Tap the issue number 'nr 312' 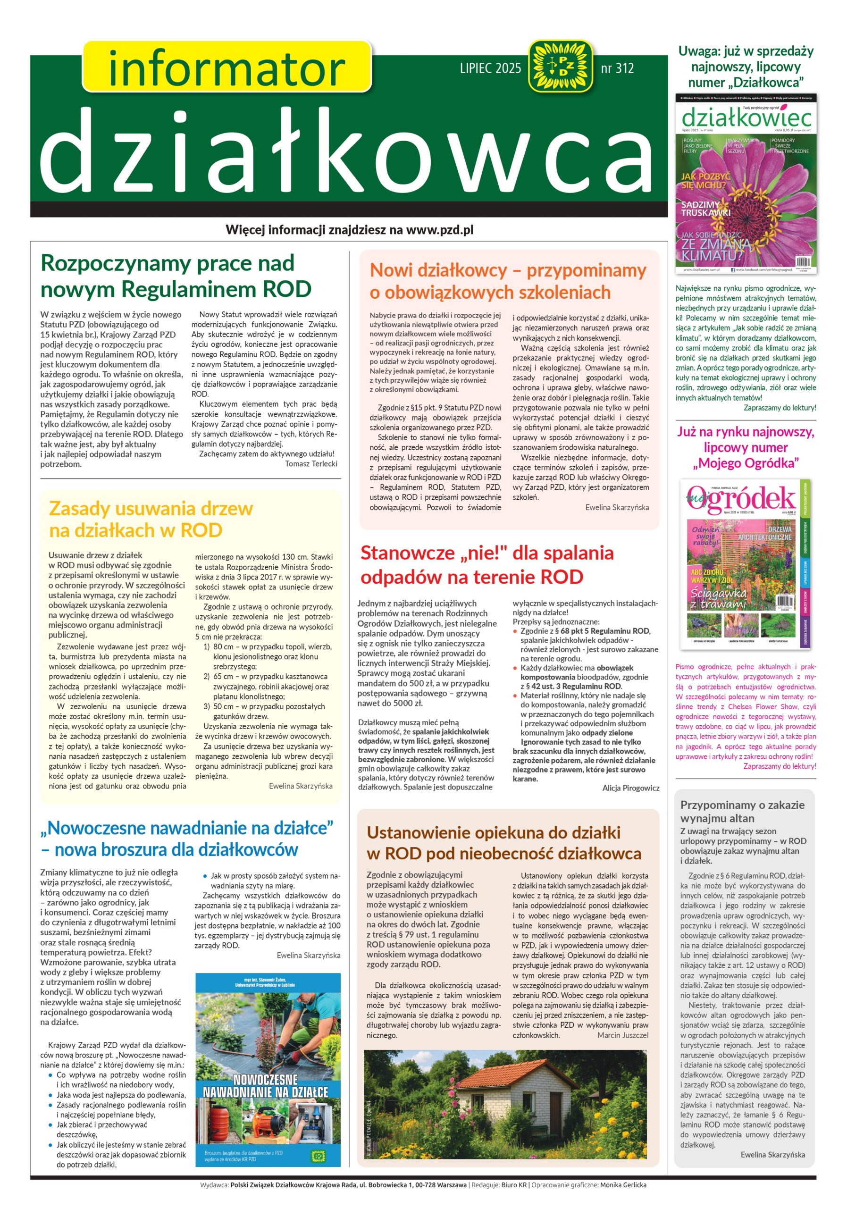point(617,68)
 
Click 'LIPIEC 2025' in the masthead point(490,68)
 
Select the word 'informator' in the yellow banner point(226,68)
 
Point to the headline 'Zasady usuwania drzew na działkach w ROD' point(151,519)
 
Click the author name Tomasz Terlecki point(310,463)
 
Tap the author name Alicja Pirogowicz point(630,788)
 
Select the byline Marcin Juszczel point(622,1035)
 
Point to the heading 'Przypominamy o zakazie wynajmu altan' point(742,811)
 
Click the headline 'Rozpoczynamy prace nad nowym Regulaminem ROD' point(176,276)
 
